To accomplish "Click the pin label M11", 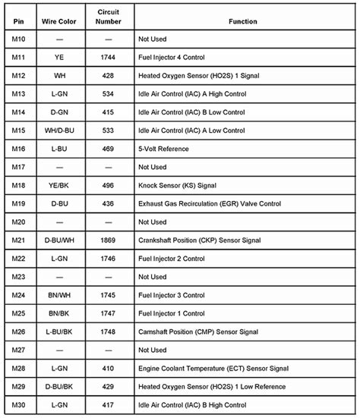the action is [x=19, y=58].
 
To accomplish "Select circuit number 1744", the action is [x=109, y=58].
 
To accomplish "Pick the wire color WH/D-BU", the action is [x=60, y=130].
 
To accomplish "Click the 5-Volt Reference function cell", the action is [x=161, y=149].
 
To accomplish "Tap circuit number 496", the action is [x=109, y=186].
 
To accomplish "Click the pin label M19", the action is [x=19, y=204].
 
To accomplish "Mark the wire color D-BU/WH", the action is [x=60, y=240].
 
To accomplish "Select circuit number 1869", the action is [x=109, y=240].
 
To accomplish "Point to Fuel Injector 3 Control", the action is [x=171, y=296].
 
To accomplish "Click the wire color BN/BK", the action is [x=60, y=314].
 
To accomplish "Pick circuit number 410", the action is [x=109, y=369].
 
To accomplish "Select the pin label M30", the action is [x=19, y=405].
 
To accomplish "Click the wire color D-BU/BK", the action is [x=60, y=387].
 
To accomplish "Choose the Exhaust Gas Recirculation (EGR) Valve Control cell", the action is [x=210, y=204].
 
